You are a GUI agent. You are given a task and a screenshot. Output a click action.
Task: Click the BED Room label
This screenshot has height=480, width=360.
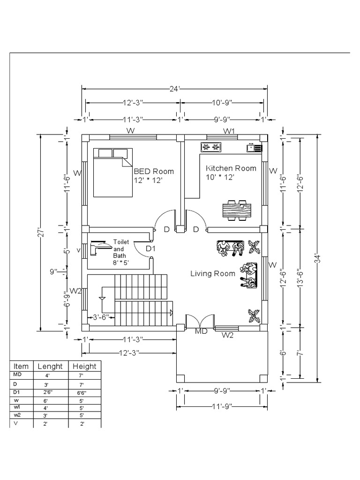point(154,171)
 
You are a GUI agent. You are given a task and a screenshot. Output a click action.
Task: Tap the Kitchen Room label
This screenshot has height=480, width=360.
point(231,168)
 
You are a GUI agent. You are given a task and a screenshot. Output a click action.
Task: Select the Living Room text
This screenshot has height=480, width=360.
point(212,274)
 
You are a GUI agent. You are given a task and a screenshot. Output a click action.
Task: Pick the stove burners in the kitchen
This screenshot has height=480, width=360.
point(211,148)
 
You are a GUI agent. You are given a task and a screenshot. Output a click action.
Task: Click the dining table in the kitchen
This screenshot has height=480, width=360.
point(237,210)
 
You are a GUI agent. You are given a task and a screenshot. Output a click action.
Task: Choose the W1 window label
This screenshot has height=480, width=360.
point(229,131)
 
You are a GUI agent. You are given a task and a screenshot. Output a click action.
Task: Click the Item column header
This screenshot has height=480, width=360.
point(21,367)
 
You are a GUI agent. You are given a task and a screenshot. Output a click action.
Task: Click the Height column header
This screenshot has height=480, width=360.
point(84,367)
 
